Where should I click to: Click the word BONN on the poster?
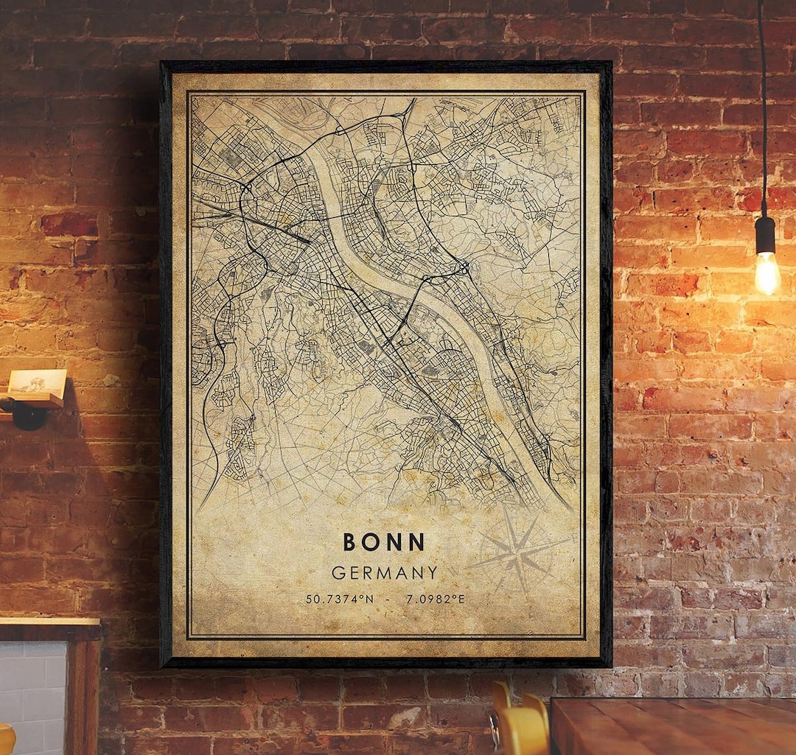click(x=384, y=542)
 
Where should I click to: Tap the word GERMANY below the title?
click(x=384, y=572)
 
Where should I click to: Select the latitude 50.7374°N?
click(x=341, y=599)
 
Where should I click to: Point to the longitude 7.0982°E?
click(x=436, y=599)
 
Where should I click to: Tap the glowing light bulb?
click(x=767, y=273)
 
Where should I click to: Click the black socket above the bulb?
click(x=765, y=234)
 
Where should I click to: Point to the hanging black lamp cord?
click(x=762, y=110)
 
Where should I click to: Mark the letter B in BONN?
click(x=350, y=542)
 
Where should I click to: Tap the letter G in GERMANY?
click(x=338, y=572)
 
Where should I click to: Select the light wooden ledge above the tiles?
click(x=49, y=623)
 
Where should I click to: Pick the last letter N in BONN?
click(x=418, y=542)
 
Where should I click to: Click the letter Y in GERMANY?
click(x=432, y=572)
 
